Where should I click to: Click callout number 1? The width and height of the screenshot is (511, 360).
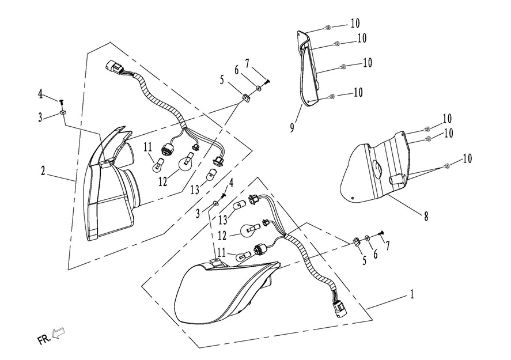pos(411,294)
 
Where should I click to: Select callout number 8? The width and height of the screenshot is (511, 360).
pos(426,217)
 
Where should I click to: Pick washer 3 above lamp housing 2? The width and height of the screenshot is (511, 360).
pos(62,113)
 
